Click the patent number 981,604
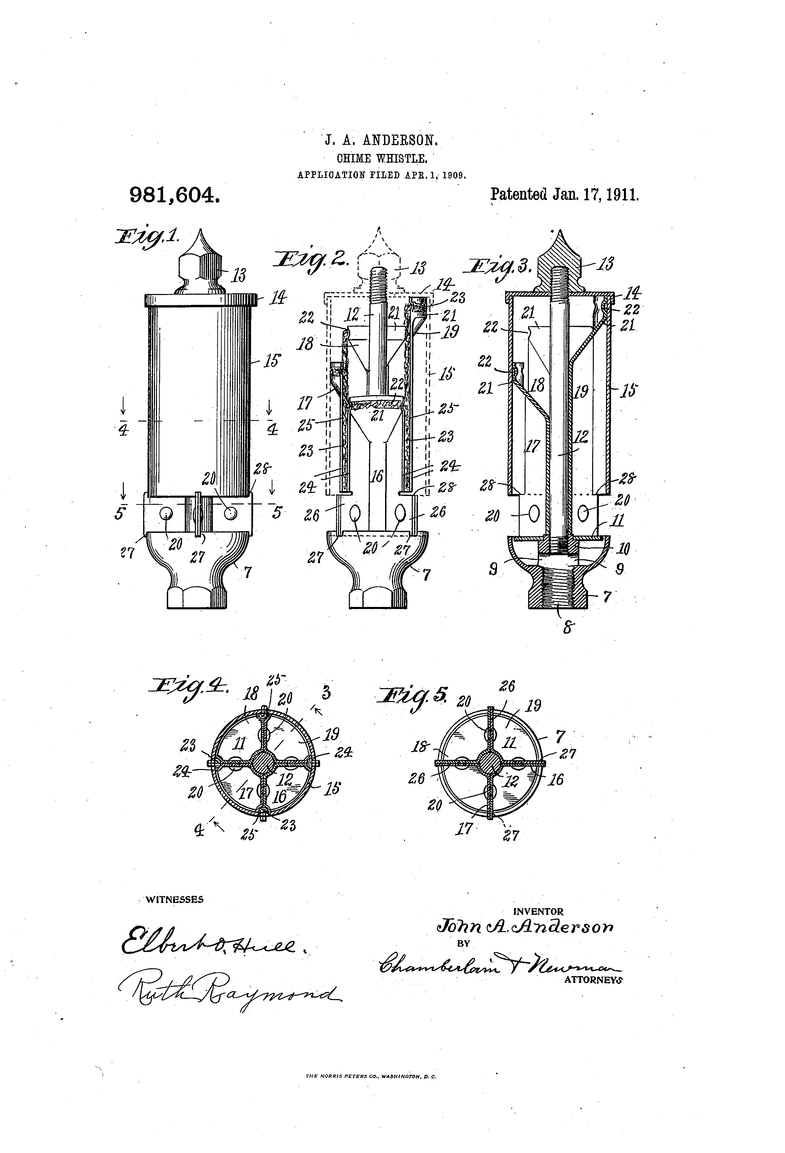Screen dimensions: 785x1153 (x=174, y=195)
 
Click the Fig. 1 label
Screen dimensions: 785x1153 (x=147, y=236)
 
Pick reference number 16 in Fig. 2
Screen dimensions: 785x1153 (x=378, y=476)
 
